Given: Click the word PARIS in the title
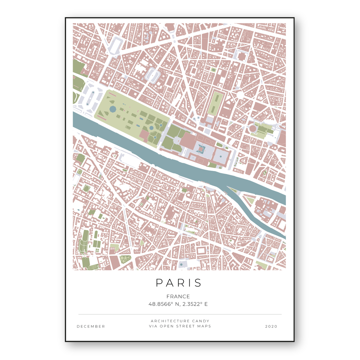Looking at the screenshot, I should click(179, 283).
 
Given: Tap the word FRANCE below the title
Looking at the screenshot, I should click(178, 296).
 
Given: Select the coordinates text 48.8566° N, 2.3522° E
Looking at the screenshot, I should click(178, 304).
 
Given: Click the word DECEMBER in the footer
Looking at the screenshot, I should click(91, 326).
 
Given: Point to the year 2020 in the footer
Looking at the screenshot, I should click(271, 326).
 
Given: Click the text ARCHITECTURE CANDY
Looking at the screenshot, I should click(180, 321).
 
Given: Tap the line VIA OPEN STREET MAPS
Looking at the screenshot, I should click(180, 326).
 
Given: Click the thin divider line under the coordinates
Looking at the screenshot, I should click(180, 314).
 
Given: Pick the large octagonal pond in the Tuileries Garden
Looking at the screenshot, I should click(113, 109).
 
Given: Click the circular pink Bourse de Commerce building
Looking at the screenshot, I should click(253, 128).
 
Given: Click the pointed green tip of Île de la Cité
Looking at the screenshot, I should click(233, 190).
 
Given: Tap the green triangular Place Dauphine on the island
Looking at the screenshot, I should click(249, 200).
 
